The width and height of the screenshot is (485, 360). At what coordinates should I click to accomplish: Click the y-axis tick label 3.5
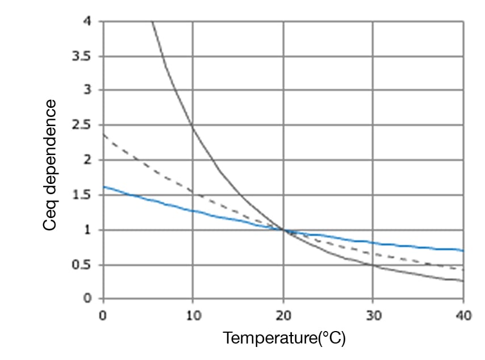87,56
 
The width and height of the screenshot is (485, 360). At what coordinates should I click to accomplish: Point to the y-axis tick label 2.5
87,125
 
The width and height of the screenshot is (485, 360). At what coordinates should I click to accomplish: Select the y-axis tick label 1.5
87,195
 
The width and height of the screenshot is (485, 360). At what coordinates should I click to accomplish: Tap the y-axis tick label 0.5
87,265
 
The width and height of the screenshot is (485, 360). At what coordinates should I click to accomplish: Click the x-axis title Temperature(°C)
284,338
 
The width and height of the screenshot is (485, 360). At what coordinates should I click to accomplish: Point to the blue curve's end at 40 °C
463,250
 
